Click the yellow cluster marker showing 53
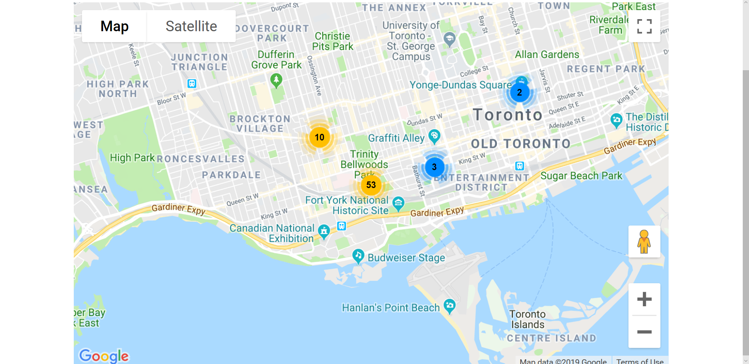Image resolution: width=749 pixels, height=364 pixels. point(371,185)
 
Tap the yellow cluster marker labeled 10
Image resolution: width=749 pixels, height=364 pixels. point(319,137)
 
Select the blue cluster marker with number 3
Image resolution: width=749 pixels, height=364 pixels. point(434,167)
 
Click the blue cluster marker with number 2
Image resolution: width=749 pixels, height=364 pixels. point(519,92)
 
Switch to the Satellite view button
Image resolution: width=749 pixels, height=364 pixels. point(191,26)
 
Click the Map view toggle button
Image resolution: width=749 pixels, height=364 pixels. point(114,26)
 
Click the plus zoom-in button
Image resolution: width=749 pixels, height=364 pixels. point(644,299)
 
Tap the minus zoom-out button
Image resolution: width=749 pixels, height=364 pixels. point(644,332)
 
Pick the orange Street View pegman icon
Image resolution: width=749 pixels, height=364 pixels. point(644,241)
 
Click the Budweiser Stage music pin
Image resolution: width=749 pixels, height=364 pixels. point(358,256)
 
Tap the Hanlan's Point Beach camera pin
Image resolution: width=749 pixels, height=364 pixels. point(450,305)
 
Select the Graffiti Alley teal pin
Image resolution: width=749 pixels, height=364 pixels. point(434,136)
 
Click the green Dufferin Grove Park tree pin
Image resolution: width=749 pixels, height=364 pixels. point(276,80)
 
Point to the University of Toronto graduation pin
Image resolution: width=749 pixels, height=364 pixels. point(450,38)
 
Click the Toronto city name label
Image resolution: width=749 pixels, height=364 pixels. point(507,115)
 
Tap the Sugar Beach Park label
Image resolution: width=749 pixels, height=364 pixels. point(581,176)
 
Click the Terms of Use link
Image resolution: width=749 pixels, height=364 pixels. point(640,361)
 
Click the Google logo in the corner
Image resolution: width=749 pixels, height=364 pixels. point(104,355)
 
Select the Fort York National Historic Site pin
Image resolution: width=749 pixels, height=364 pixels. point(398,202)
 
